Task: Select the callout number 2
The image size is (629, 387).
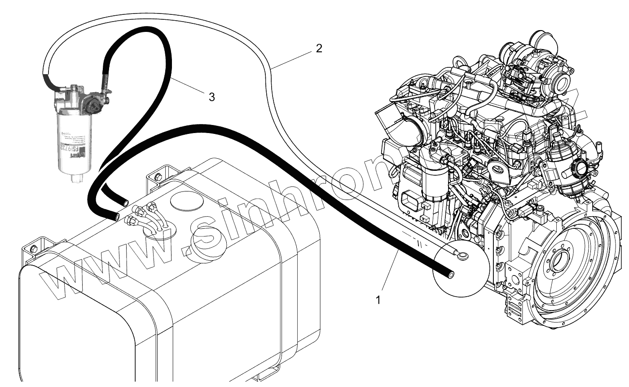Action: click(319, 48)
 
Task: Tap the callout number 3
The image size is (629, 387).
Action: click(211, 96)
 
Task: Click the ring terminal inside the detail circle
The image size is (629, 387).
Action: click(461, 255)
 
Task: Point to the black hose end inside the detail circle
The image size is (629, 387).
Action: click(449, 272)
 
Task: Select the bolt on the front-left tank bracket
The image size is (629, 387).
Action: click(32, 249)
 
